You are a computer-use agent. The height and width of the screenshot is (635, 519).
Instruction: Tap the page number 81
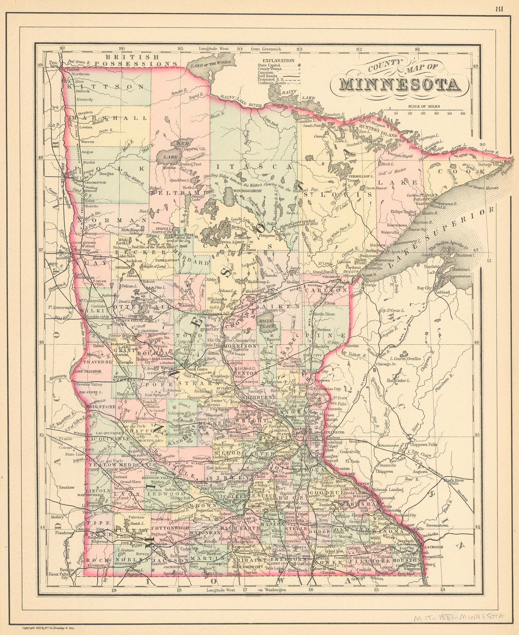(499, 9)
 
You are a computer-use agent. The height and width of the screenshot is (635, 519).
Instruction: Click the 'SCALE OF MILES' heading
(424, 106)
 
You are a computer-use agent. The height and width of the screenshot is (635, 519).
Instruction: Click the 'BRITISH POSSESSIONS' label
(136, 60)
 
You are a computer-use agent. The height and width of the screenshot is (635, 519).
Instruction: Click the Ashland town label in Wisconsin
(442, 292)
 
